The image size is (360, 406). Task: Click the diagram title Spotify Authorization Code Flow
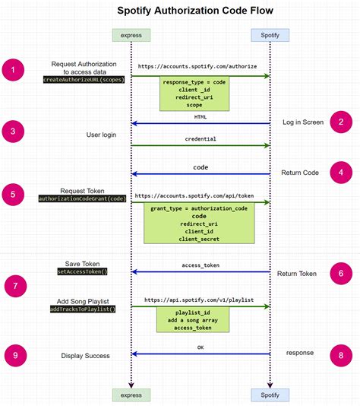pos(195,11)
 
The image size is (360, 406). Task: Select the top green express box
pos(131,35)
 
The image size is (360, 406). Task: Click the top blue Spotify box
pos(270,35)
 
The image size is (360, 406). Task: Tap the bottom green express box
pos(131,394)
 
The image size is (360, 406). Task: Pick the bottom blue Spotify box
pos(270,394)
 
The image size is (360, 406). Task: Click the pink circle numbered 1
pos(13,71)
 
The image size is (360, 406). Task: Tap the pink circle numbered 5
pos(13,195)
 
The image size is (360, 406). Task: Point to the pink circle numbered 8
pos(342,354)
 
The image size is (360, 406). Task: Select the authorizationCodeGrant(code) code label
pos(84,198)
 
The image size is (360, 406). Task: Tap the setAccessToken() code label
pos(83,271)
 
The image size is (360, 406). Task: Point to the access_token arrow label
pos(201,265)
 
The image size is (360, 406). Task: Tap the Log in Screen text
pos(303,122)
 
